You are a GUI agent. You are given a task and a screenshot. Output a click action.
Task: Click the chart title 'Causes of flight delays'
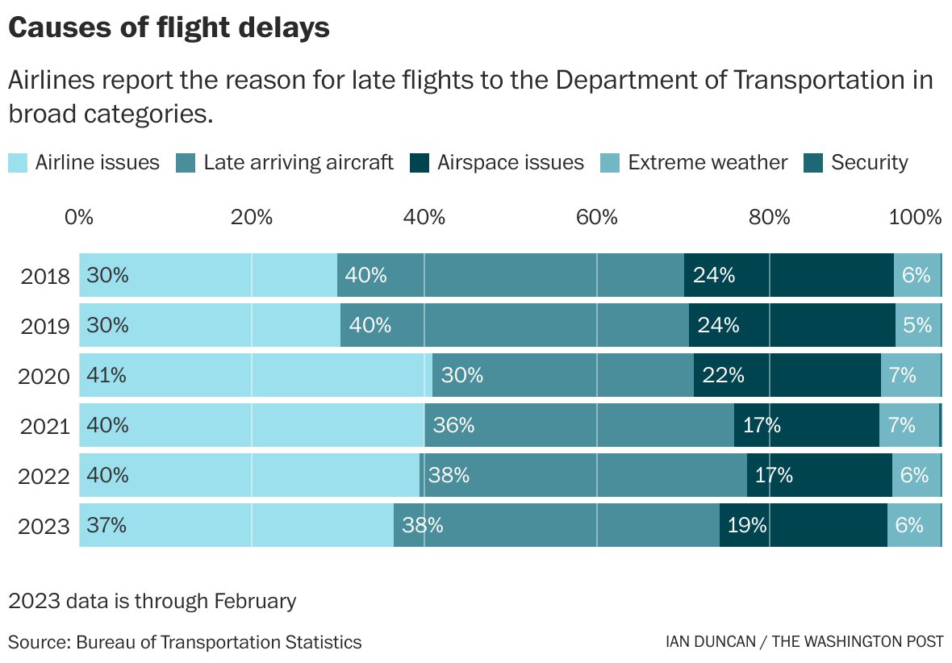(x=169, y=28)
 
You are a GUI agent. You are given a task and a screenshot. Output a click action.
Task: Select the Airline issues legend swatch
(x=19, y=162)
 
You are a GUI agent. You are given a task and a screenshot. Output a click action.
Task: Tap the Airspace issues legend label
(x=510, y=162)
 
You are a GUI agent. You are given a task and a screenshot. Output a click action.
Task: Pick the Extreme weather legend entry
(x=707, y=162)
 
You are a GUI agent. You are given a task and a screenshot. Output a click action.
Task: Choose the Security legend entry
(x=869, y=162)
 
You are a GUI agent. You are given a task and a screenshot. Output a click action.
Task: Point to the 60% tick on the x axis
(x=597, y=217)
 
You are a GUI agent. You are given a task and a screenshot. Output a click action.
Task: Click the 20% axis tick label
(x=251, y=217)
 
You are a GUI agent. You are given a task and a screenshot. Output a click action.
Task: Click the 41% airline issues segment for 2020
(x=255, y=375)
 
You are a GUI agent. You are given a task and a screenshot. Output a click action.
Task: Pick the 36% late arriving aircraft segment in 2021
(x=578, y=425)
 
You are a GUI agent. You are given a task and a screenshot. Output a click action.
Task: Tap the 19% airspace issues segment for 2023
(x=803, y=525)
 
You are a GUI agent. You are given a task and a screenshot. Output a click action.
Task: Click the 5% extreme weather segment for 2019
(x=917, y=325)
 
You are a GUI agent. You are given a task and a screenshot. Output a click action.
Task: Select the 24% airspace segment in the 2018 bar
(x=788, y=275)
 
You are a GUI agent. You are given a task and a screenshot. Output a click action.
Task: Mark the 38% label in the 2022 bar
(x=449, y=475)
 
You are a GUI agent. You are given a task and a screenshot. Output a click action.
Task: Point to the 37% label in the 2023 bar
(x=106, y=525)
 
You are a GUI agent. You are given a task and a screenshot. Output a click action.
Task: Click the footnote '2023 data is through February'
(x=152, y=602)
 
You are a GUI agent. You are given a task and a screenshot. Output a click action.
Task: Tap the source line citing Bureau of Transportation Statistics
(x=185, y=642)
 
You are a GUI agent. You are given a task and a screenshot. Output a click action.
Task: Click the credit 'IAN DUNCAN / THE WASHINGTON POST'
(x=804, y=642)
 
